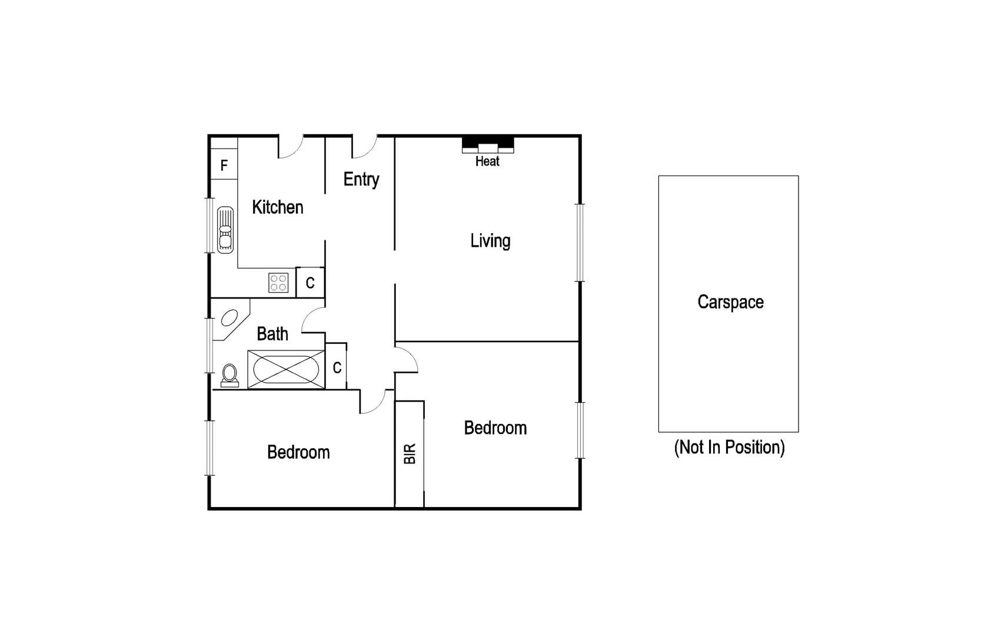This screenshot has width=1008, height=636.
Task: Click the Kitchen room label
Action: pyautogui.click(x=277, y=207)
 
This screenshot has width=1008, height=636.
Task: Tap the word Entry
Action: pyautogui.click(x=361, y=179)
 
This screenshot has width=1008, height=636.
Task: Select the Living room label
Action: pyautogui.click(x=490, y=241)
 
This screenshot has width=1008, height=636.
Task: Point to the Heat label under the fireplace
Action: pyautogui.click(x=487, y=161)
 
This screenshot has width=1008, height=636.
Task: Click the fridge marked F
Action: pyautogui.click(x=224, y=165)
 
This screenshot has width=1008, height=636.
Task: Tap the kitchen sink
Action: pyautogui.click(x=225, y=230)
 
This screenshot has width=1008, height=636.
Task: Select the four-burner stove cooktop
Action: pyautogui.click(x=278, y=283)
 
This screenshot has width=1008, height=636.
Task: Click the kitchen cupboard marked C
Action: pyautogui.click(x=310, y=283)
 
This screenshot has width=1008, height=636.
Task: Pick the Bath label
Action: pyautogui.click(x=272, y=334)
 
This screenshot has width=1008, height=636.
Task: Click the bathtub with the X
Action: pyautogui.click(x=286, y=370)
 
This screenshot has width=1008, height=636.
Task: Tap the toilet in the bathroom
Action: pyautogui.click(x=229, y=375)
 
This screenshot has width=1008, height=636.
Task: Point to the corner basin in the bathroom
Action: pyautogui.click(x=229, y=319)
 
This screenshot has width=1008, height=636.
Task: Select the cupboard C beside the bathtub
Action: pyautogui.click(x=337, y=368)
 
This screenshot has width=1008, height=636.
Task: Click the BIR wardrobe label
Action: pyautogui.click(x=410, y=453)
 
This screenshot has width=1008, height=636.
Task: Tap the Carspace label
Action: pyautogui.click(x=730, y=302)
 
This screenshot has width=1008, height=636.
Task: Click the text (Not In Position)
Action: pyautogui.click(x=729, y=448)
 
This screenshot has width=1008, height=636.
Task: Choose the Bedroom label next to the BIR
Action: pyautogui.click(x=495, y=428)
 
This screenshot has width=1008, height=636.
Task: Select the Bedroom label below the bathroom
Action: pyautogui.click(x=298, y=452)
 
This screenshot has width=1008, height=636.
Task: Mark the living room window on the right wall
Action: pyautogui.click(x=580, y=242)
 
